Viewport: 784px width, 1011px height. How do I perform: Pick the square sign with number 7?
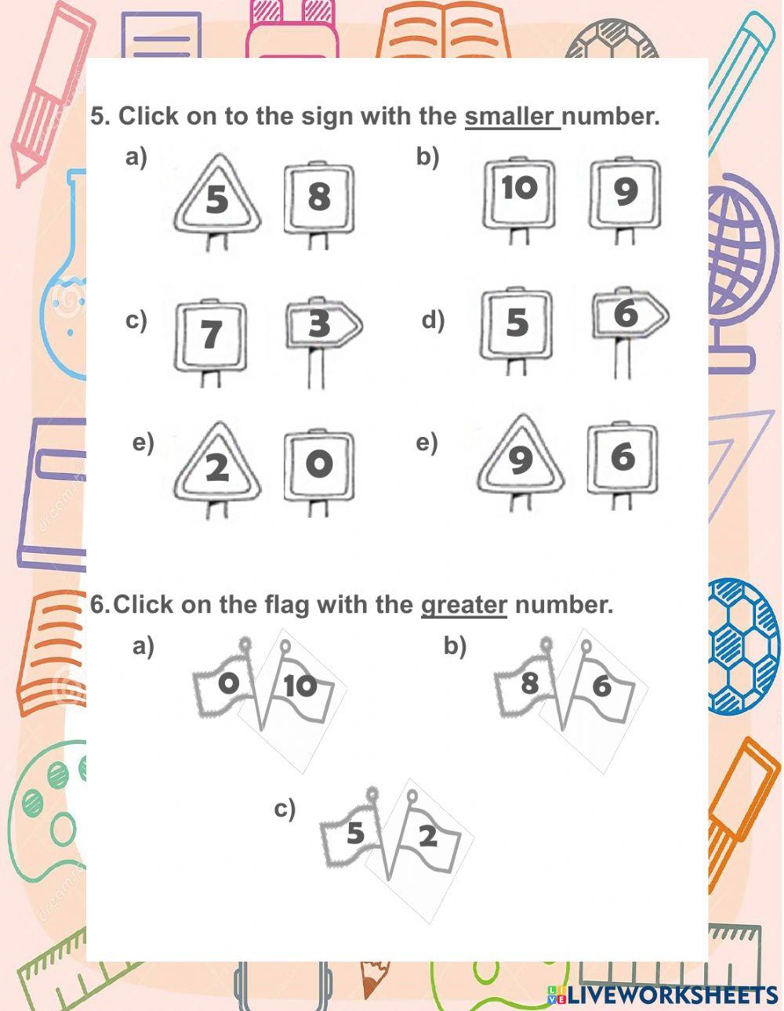point(210,334)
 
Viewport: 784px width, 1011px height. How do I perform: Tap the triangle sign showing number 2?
point(217,468)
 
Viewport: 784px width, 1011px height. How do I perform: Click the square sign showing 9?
point(625,191)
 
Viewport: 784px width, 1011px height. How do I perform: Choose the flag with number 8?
point(528,683)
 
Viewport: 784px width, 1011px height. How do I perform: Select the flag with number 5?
point(354,832)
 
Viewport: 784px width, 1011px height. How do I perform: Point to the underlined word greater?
point(464,605)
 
